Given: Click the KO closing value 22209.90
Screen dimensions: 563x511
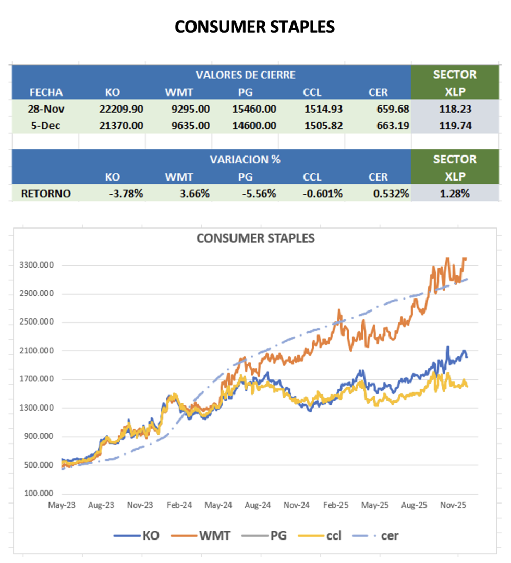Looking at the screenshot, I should [x=121, y=109].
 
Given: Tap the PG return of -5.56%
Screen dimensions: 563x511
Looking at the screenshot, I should [x=259, y=194].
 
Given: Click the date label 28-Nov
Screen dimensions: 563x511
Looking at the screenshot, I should [x=45, y=109].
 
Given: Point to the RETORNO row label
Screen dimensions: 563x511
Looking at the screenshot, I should [x=46, y=194].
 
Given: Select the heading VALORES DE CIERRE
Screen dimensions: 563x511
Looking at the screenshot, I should [x=245, y=75].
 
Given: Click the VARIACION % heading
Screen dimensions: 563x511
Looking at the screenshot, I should [x=245, y=159].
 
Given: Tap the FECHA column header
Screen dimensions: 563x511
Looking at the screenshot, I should [x=46, y=92].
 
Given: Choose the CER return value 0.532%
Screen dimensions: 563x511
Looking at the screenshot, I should [x=391, y=194].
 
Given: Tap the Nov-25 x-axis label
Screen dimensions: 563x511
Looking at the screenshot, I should [x=453, y=505].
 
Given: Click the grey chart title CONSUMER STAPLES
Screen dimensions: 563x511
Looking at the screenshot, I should [x=256, y=238].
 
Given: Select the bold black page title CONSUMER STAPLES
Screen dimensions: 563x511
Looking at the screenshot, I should [x=254, y=27].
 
